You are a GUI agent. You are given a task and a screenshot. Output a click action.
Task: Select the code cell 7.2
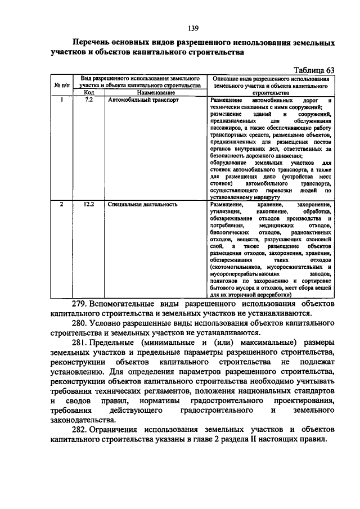[88, 100]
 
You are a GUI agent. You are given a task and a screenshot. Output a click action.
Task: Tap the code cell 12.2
[89, 205]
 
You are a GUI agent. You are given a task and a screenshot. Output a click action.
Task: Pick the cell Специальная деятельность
[143, 205]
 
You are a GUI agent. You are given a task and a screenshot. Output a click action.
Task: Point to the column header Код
[89, 92]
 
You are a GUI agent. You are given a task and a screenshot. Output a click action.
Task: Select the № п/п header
[61, 85]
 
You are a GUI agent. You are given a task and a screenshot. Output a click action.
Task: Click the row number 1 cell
[61, 100]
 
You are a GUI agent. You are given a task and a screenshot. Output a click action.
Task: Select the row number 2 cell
[61, 205]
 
